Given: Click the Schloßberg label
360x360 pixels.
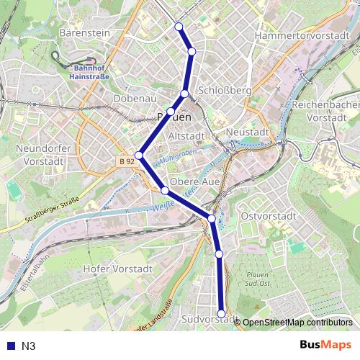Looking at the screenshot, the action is pyautogui.click(x=224, y=91).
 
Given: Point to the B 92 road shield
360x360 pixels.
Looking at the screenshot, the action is pyautogui.click(x=126, y=161).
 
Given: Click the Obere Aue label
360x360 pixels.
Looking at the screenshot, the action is pyautogui.click(x=194, y=181).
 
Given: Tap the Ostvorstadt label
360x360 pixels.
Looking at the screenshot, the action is pyautogui.click(x=269, y=216).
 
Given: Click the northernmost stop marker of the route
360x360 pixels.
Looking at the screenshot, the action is pyautogui.click(x=179, y=27).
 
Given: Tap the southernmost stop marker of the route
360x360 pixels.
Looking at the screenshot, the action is pyautogui.click(x=221, y=313).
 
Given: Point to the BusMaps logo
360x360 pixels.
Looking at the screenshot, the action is pyautogui.click(x=325, y=346).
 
